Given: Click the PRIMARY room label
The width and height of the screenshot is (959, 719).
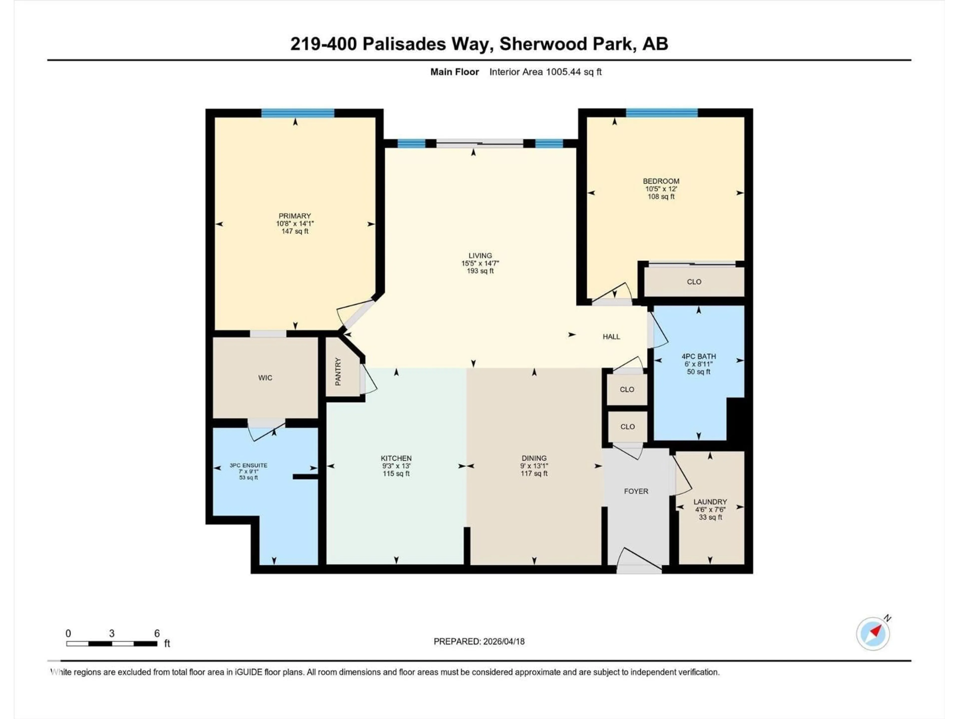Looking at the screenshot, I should (x=294, y=216).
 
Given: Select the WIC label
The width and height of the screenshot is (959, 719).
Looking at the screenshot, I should (x=265, y=378).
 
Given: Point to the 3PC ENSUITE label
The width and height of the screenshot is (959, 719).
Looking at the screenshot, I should (x=248, y=465).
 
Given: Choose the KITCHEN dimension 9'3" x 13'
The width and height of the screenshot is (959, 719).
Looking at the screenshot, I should (x=396, y=466).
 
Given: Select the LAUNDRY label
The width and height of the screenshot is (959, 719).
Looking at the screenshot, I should (x=710, y=502).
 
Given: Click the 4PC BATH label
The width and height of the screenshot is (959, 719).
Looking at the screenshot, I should (x=699, y=356).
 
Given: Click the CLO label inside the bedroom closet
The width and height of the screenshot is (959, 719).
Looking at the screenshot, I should (x=694, y=282).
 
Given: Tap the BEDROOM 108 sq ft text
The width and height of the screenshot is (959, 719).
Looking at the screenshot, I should (x=661, y=196).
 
